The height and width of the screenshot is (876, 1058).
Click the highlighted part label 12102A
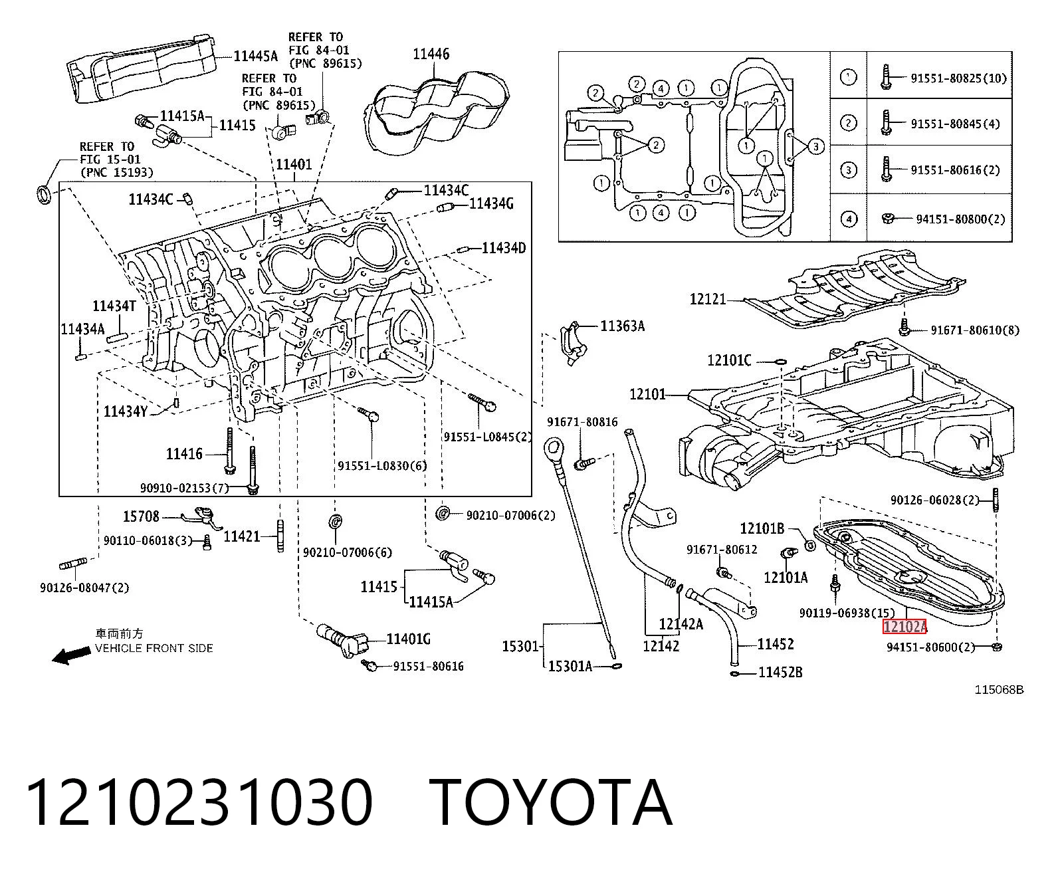coord(904,627)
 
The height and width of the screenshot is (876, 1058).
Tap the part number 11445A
coord(255,56)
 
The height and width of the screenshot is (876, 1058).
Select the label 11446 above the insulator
coord(431,54)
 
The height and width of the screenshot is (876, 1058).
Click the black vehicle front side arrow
coord(72,656)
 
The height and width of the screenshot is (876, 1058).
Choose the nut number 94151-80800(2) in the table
coord(961,219)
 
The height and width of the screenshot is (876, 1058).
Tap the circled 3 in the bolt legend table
coord(848,170)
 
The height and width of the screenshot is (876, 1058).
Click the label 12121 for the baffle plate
coord(708,299)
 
